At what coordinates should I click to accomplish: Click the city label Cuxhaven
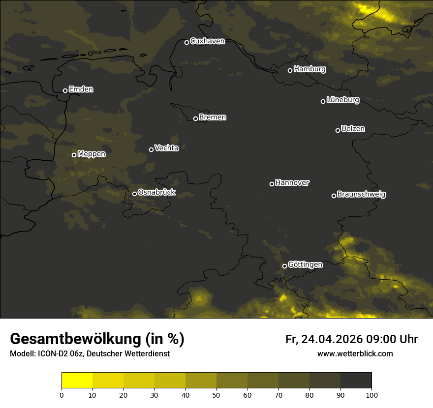(207, 41)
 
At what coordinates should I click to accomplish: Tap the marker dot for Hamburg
(290, 70)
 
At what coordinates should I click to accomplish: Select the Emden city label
(81, 89)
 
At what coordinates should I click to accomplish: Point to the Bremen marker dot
(195, 118)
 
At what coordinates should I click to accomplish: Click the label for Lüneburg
(342, 100)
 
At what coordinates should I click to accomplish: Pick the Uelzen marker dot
(338, 130)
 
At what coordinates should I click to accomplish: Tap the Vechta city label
(166, 148)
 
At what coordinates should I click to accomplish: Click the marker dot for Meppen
(74, 155)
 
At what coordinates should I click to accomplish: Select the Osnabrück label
(156, 193)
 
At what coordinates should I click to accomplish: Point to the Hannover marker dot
(272, 184)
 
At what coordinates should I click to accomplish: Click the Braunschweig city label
(361, 195)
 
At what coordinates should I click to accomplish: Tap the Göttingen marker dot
(284, 266)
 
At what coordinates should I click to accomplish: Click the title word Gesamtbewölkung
(75, 339)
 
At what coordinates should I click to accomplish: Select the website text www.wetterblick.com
(355, 354)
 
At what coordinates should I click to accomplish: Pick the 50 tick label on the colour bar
(216, 395)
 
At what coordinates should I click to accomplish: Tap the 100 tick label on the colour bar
(371, 395)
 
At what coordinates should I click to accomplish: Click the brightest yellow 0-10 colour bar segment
(77, 380)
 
